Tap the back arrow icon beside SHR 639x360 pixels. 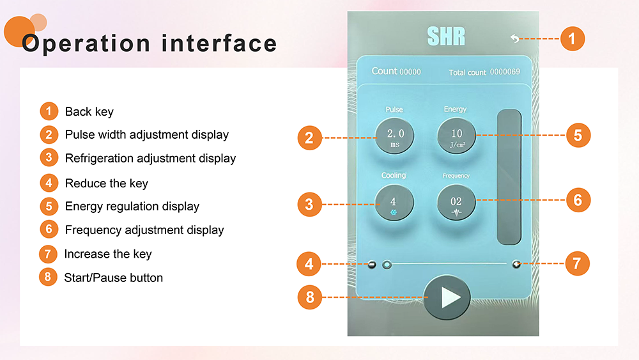pyautogui.click(x=514, y=38)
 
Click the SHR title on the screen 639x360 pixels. pyautogui.click(x=446, y=36)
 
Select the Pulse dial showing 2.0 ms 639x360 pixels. pyautogui.click(x=394, y=136)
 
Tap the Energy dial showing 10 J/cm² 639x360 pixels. pyautogui.click(x=456, y=136)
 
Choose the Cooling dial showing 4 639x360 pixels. pyautogui.click(x=394, y=203)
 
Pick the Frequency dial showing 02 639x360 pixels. pyautogui.click(x=456, y=203)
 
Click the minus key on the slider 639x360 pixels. pyautogui.click(x=372, y=265)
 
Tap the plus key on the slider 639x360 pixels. pyautogui.click(x=516, y=264)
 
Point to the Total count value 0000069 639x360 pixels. pyautogui.click(x=505, y=72)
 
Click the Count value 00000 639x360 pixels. pyautogui.click(x=410, y=72)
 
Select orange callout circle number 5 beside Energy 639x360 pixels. pyautogui.click(x=578, y=136)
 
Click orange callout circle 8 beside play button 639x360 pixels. pyautogui.click(x=310, y=297)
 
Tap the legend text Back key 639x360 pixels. pyautogui.click(x=89, y=112)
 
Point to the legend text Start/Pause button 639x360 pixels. pyautogui.click(x=113, y=278)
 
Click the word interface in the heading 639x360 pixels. pyautogui.click(x=219, y=43)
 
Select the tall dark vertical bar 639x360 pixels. pyautogui.click(x=509, y=177)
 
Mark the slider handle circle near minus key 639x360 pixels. pyautogui.click(x=387, y=265)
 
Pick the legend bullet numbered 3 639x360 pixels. pyautogui.click(x=49, y=157)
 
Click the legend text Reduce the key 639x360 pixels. pyautogui.click(x=106, y=184)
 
